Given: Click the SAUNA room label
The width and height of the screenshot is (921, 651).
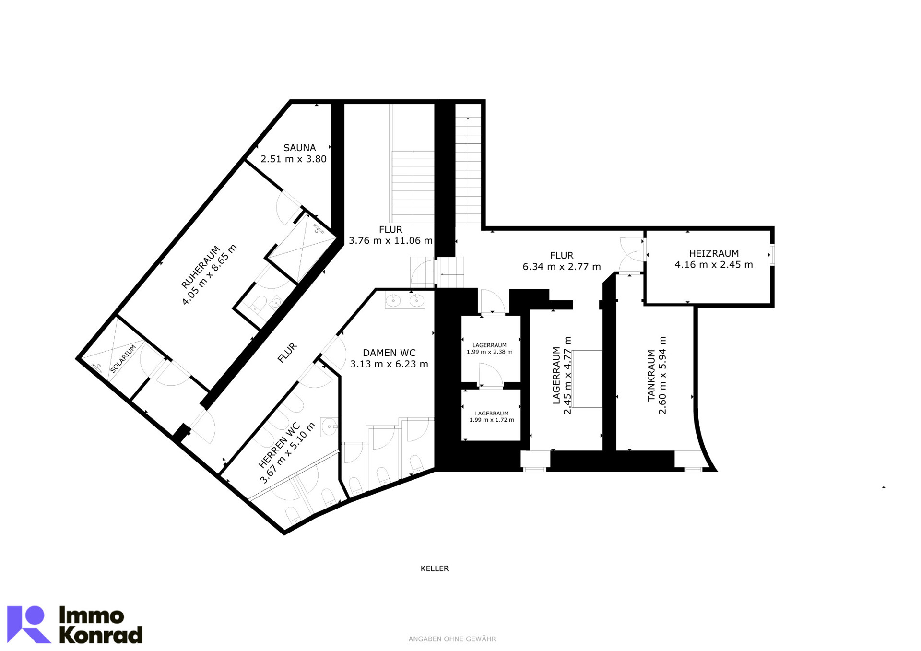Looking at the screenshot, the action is [x=299, y=148].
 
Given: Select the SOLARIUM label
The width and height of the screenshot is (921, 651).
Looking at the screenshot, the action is [x=123, y=359].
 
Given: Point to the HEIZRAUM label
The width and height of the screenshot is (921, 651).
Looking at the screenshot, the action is [x=714, y=253].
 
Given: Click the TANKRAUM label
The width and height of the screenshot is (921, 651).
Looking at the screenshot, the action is [x=651, y=375].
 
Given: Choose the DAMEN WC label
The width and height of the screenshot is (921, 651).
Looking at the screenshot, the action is [x=389, y=353].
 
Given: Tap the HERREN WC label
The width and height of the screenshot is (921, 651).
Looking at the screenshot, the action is [x=279, y=445].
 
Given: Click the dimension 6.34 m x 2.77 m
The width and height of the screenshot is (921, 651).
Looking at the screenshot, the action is [x=562, y=267].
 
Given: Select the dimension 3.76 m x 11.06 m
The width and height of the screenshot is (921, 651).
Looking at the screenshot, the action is [x=390, y=241].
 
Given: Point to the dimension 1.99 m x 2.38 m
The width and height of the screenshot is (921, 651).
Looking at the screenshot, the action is [x=489, y=352].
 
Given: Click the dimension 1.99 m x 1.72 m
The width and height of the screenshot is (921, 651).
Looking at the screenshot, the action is [x=492, y=420].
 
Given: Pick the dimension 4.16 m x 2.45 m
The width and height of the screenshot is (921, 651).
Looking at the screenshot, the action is [x=714, y=265].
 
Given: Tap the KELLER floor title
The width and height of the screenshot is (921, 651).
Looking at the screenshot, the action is [x=435, y=568].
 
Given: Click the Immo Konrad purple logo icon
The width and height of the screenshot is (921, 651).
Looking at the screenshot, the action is [x=29, y=624].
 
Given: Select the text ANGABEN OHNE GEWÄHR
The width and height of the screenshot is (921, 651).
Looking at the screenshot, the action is [x=452, y=639].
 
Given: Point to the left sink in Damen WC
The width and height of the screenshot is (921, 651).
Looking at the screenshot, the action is [x=393, y=301].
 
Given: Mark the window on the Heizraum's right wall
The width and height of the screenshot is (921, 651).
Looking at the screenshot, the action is [x=772, y=255].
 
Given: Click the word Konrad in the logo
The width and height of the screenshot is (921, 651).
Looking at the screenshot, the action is [x=101, y=635].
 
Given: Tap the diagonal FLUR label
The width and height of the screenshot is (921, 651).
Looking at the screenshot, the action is [x=287, y=353].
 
